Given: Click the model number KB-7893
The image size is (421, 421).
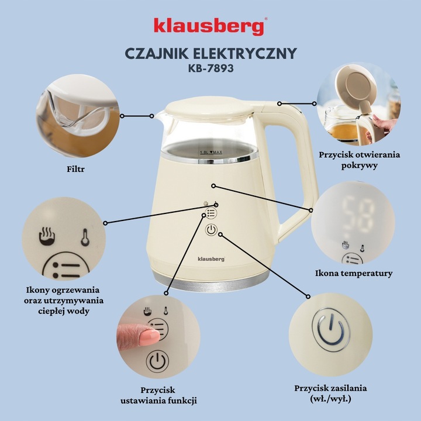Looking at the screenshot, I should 210,68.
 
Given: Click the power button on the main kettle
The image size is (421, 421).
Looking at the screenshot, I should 212,230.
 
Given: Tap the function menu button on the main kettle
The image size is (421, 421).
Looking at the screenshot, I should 211,214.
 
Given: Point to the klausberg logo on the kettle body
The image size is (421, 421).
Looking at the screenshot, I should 211,257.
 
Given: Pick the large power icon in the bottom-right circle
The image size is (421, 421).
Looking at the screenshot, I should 332,331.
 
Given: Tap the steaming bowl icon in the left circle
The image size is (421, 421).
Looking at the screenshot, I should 47,236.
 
